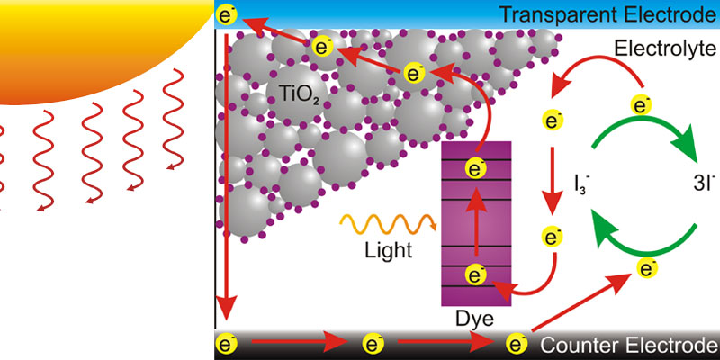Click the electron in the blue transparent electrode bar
227,14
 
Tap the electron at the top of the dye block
475,167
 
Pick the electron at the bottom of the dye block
475,275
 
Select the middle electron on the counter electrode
373,343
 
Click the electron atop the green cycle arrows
643,105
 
